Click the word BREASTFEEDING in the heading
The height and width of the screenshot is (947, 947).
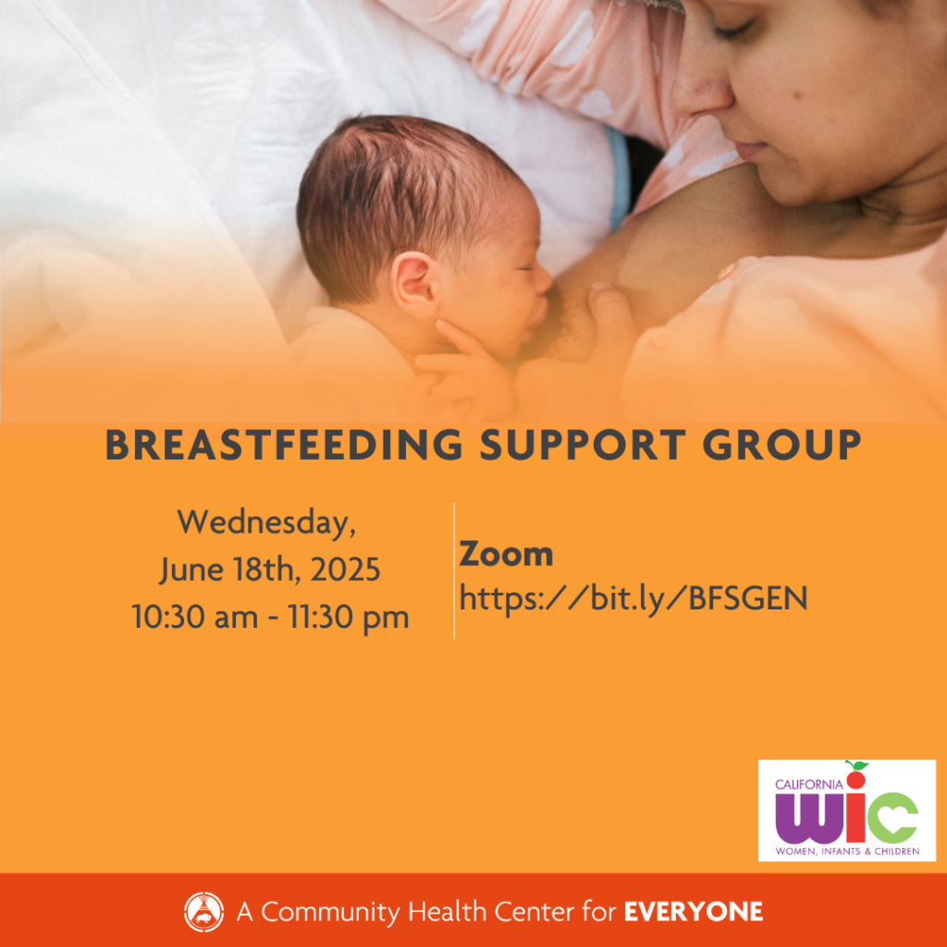pos(284,445)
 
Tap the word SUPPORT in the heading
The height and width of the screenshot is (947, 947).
pos(583,445)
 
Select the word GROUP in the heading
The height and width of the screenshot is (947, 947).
pos(782,445)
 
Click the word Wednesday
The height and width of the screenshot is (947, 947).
pos(266,523)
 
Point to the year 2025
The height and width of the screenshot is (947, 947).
pos(345,570)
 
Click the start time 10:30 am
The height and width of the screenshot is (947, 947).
pos(194,617)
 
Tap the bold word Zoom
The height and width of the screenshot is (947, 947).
pos(506,555)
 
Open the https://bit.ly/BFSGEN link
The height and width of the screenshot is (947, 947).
pos(633,599)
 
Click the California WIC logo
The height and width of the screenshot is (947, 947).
pos(847,810)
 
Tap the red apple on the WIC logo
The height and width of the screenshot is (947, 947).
pos(855,776)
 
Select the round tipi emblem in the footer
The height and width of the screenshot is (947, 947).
pos(203,912)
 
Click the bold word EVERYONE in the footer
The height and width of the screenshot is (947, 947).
pos(694,912)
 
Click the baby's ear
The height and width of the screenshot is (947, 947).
pos(415,284)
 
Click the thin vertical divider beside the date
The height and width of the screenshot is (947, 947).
pos(454,571)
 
